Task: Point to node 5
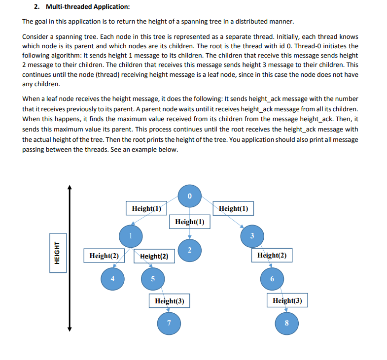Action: point(153,279)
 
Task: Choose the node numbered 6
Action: point(272,279)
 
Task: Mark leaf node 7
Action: point(169,323)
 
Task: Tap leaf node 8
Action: point(287,323)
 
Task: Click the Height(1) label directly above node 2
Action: point(190,222)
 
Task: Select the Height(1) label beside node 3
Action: point(233,208)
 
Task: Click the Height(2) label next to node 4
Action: point(104,256)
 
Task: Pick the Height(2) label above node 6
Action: point(272,255)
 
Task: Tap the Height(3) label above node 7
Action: point(169,300)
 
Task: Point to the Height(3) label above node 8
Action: point(287,300)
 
